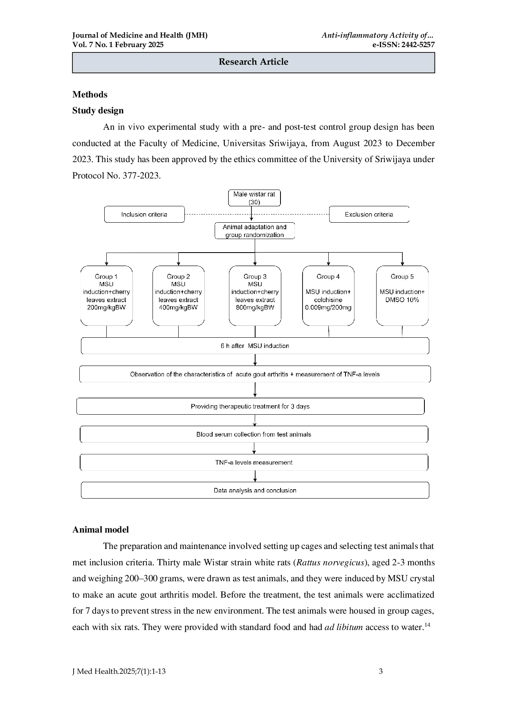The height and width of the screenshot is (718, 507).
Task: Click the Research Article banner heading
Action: coord(253,62)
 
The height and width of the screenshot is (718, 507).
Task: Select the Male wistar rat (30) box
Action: coord(254,198)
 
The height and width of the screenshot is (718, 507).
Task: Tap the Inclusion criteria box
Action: coord(144,214)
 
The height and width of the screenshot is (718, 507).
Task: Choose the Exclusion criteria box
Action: coord(369,214)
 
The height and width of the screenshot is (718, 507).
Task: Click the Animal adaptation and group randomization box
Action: coord(255,231)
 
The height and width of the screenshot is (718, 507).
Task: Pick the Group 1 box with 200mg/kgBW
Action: coord(106,296)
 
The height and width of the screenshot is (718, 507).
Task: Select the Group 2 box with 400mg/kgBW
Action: coord(178,296)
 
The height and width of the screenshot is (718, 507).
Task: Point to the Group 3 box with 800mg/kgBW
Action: coord(255,296)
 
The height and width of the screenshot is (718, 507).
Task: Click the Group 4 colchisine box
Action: coord(328,296)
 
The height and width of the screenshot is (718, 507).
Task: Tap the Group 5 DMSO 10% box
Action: coord(402,296)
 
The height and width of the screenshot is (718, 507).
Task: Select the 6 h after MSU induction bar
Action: coord(255,346)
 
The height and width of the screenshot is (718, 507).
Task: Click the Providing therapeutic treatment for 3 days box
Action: coord(250,406)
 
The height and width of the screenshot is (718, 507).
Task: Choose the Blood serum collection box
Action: coord(254,434)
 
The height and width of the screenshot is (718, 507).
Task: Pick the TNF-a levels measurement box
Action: coord(254,463)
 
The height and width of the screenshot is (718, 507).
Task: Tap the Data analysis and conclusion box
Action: coord(255,490)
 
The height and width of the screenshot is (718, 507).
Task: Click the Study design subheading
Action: coord(98,111)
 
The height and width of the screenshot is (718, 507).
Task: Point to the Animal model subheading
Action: coord(101,530)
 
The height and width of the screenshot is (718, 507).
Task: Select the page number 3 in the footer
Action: coord(381,671)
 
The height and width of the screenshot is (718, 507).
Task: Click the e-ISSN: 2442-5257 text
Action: coord(403,45)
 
